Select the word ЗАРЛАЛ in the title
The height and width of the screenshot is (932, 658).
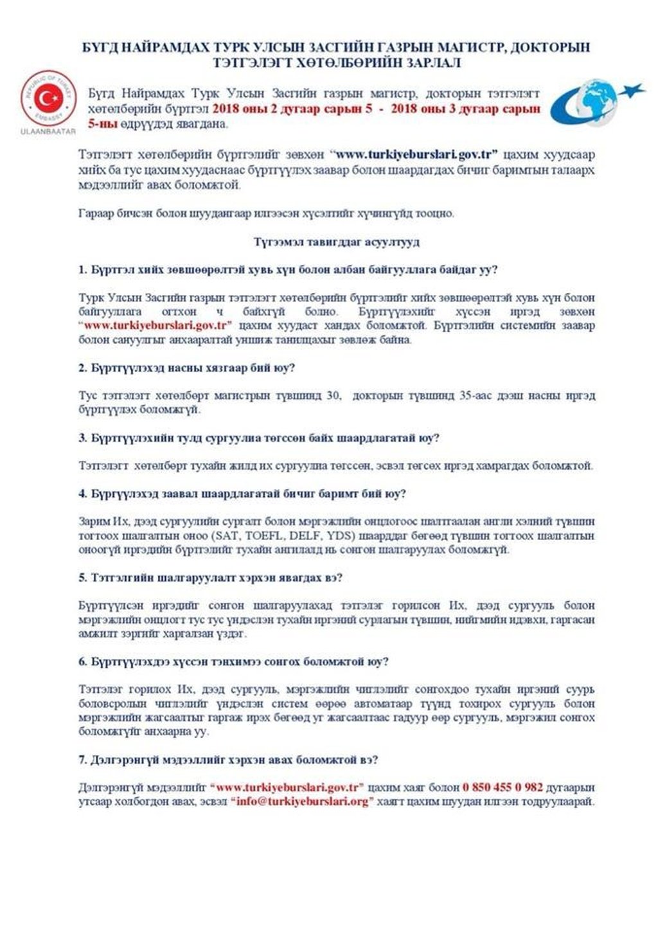[x=430, y=62]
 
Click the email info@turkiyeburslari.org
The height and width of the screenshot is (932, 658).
[x=303, y=802]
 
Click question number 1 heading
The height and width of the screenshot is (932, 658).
[x=288, y=270]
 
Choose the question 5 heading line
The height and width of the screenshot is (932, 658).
[x=210, y=577]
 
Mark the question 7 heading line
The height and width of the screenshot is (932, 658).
[x=227, y=760]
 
